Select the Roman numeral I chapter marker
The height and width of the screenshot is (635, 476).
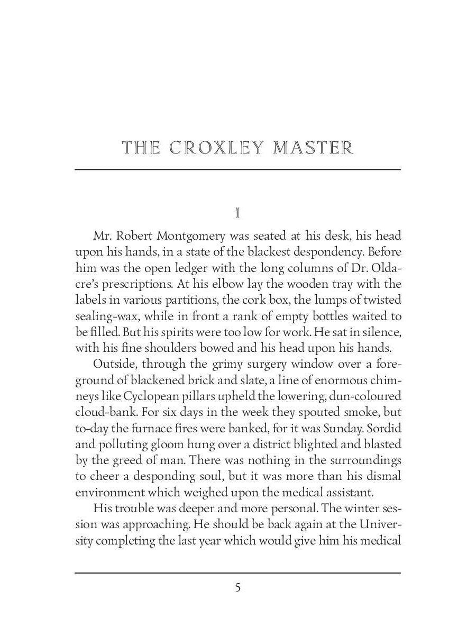pyautogui.click(x=238, y=213)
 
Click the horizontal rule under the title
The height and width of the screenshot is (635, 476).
pyautogui.click(x=238, y=169)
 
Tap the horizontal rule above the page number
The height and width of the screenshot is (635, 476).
pyautogui.click(x=238, y=573)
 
